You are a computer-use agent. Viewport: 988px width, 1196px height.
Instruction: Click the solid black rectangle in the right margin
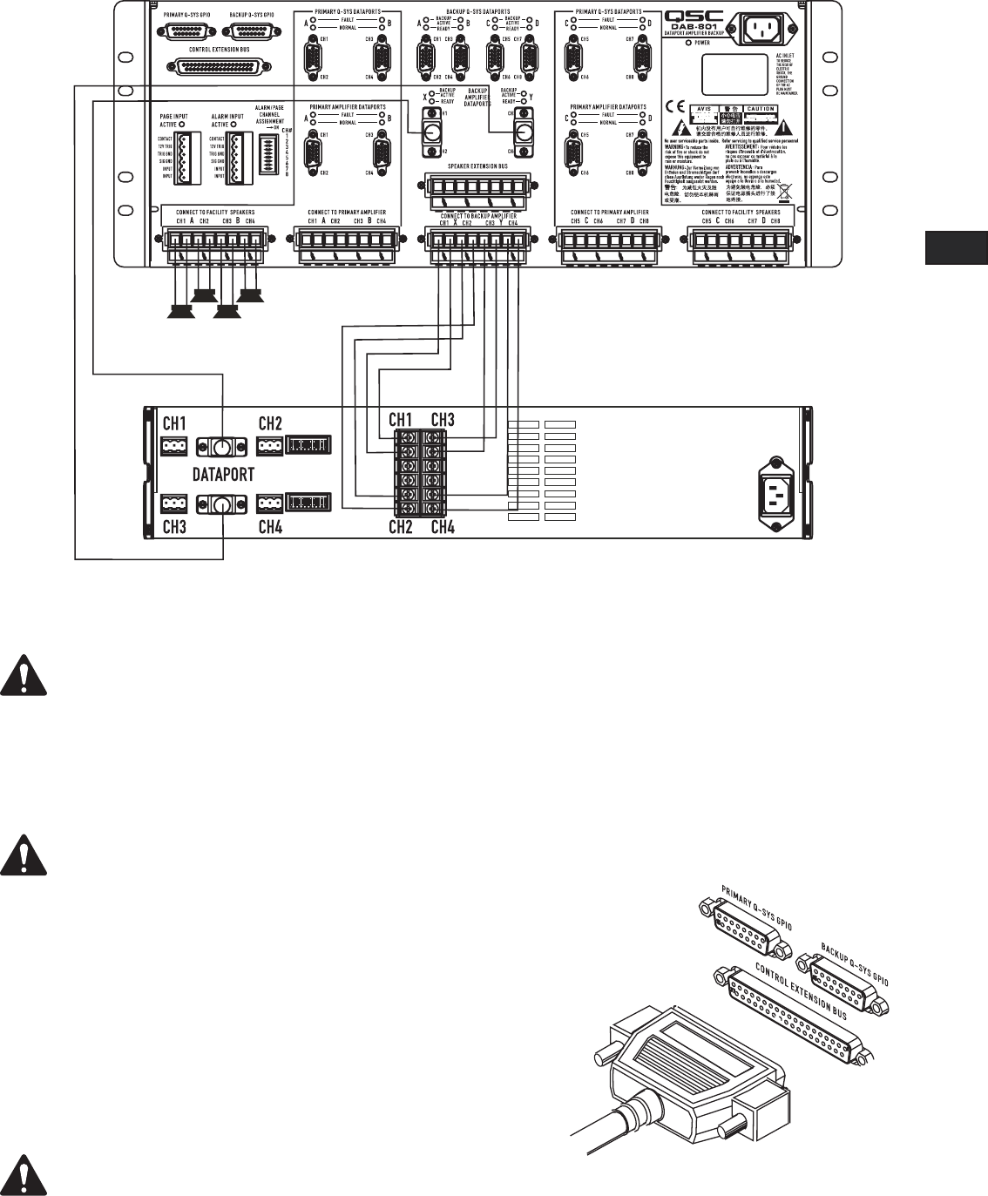(x=955, y=248)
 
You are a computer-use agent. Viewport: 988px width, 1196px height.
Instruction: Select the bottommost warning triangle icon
(x=23, y=1172)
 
